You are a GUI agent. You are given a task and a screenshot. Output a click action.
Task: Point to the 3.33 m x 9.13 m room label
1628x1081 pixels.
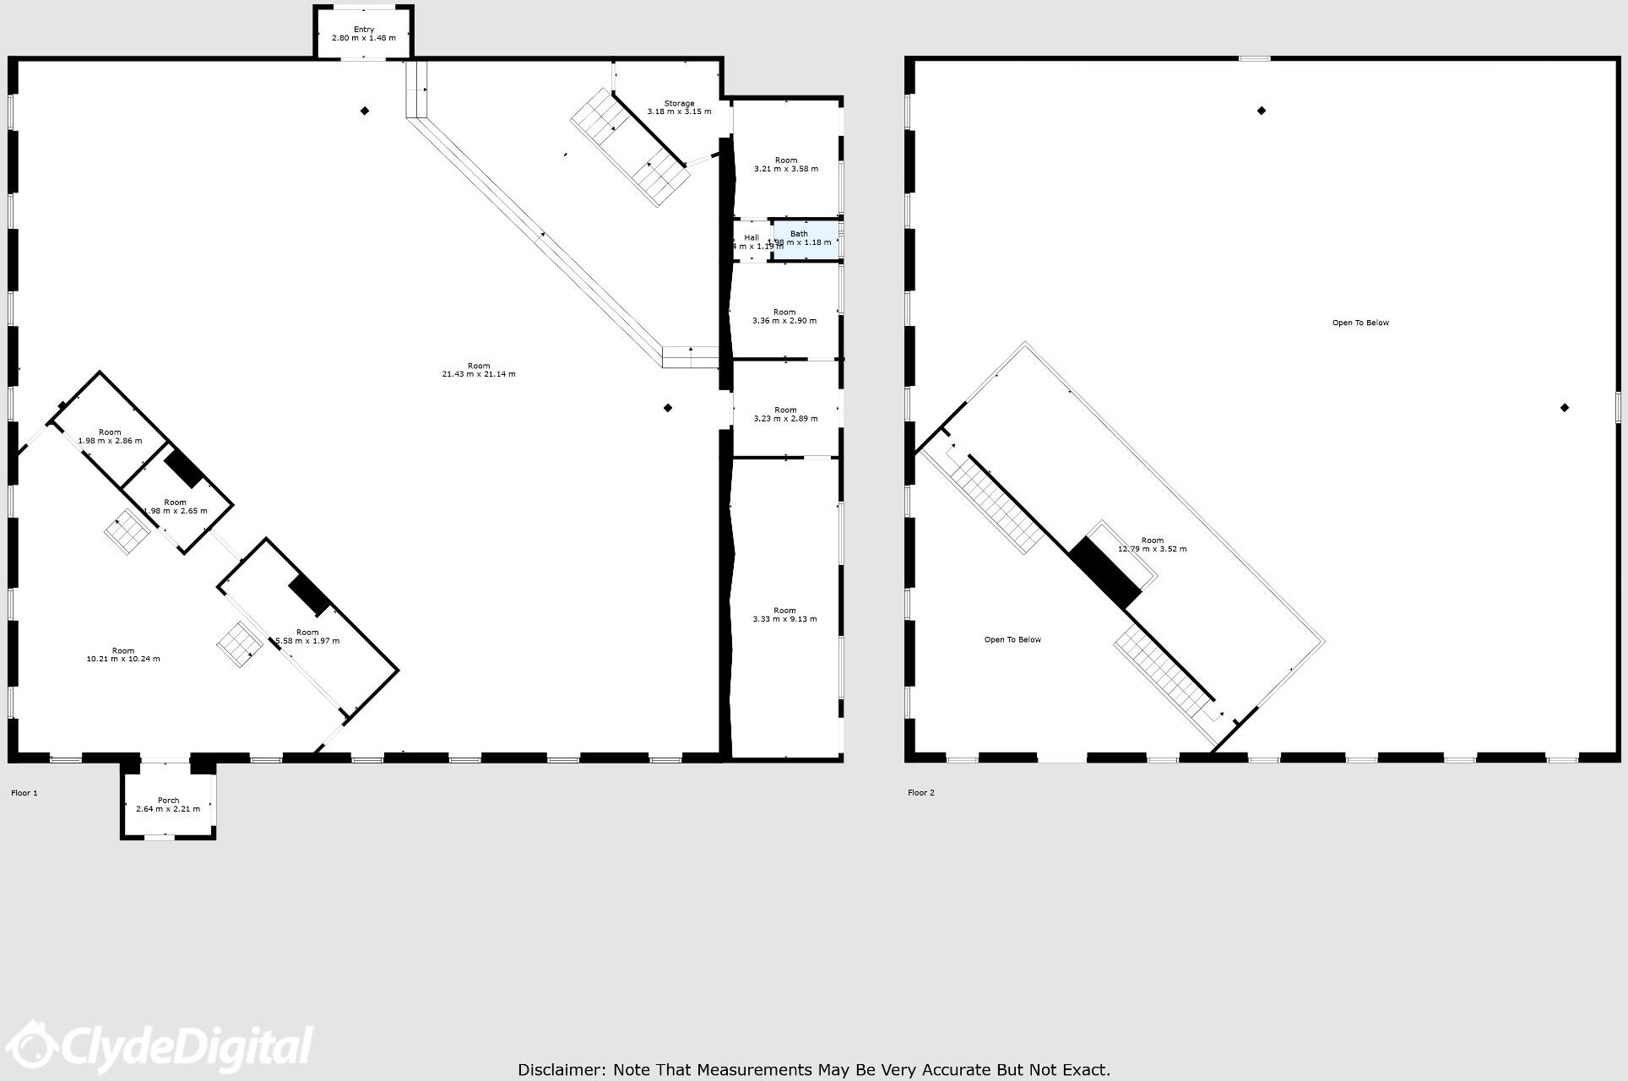pos(784,615)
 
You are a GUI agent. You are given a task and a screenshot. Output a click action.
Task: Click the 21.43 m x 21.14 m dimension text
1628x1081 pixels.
pos(479,374)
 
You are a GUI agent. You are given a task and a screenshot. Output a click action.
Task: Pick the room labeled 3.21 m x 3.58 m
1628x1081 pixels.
pos(786,165)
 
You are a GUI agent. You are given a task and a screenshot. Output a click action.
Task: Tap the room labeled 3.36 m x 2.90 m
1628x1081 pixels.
pos(784,317)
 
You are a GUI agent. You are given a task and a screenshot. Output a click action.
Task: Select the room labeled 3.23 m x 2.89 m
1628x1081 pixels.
pos(785,415)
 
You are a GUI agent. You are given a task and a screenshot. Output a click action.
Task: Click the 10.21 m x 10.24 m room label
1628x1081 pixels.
pos(123,655)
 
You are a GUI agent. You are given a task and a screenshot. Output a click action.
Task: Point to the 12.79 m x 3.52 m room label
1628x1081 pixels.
pos(1152,545)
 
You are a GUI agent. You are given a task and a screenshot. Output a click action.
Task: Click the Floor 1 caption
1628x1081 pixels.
pos(24,793)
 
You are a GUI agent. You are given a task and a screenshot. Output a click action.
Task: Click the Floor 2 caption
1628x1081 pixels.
pos(921,793)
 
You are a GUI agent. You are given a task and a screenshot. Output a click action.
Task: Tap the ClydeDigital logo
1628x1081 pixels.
pos(160,1047)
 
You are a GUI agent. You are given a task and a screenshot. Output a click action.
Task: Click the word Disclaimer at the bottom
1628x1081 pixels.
pos(561,1070)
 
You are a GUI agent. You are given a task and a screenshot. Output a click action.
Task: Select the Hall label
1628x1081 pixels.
pos(752,238)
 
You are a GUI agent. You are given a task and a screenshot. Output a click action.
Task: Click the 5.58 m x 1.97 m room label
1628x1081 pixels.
pos(307,636)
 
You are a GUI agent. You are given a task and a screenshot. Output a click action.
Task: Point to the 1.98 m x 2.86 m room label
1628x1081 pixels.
pos(110,437)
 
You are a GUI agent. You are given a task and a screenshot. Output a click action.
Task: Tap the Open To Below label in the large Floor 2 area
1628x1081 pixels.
pos(1360,323)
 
